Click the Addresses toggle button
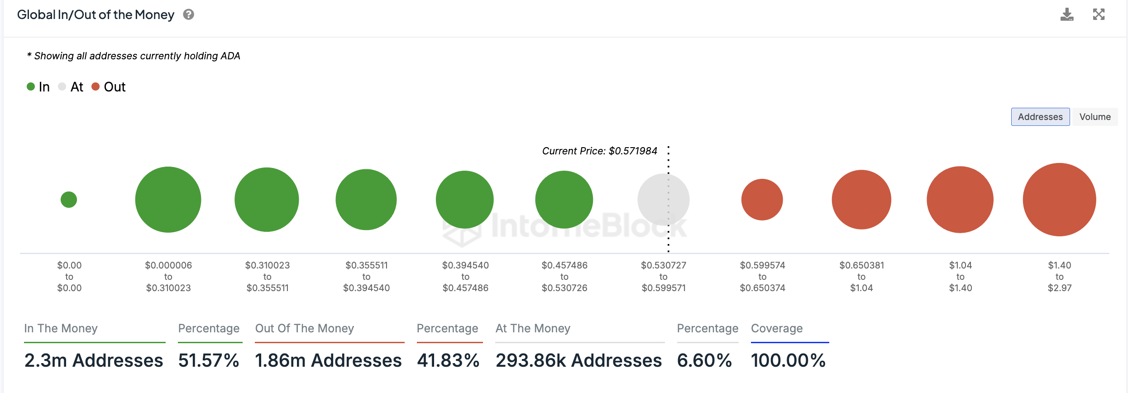(x=1040, y=117)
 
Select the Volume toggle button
(x=1095, y=117)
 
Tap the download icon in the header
(x=1067, y=14)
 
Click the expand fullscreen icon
(x=1099, y=14)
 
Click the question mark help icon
(x=188, y=14)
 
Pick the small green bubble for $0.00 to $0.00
(x=69, y=200)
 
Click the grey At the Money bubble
(x=663, y=200)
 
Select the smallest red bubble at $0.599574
(x=762, y=200)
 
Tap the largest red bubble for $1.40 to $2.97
(x=1059, y=200)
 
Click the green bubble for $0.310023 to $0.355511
(x=267, y=200)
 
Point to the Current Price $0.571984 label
(x=599, y=151)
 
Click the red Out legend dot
(x=96, y=86)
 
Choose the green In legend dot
(x=31, y=86)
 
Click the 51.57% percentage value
(x=209, y=360)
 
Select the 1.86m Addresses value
(x=328, y=360)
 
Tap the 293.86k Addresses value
(x=578, y=360)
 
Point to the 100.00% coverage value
(x=788, y=360)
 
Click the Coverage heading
(x=777, y=328)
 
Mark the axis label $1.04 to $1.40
(x=961, y=277)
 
